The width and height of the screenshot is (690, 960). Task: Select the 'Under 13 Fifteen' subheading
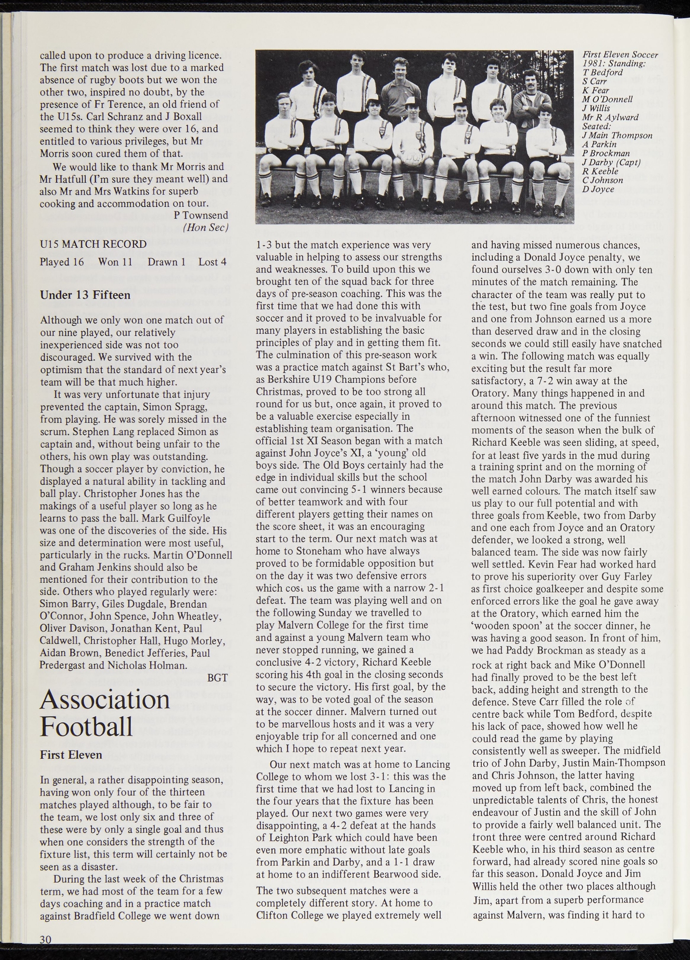(85, 295)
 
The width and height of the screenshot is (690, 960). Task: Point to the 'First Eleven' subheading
(71, 755)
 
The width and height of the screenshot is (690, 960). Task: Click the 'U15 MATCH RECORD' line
(93, 244)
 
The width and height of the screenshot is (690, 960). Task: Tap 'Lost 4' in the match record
(212, 262)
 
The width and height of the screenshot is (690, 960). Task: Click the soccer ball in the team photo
(413, 159)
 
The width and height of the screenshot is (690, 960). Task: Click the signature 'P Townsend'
(201, 215)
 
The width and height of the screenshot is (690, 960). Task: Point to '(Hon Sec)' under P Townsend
(205, 227)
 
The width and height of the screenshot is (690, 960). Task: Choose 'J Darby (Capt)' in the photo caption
(611, 162)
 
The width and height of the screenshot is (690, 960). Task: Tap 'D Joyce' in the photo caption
(598, 189)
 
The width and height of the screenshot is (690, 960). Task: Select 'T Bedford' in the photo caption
(603, 72)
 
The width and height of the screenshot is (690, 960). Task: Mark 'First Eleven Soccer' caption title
(620, 54)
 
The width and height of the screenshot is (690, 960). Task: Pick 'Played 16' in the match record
(62, 262)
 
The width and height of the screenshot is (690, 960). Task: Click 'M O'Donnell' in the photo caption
(607, 99)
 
